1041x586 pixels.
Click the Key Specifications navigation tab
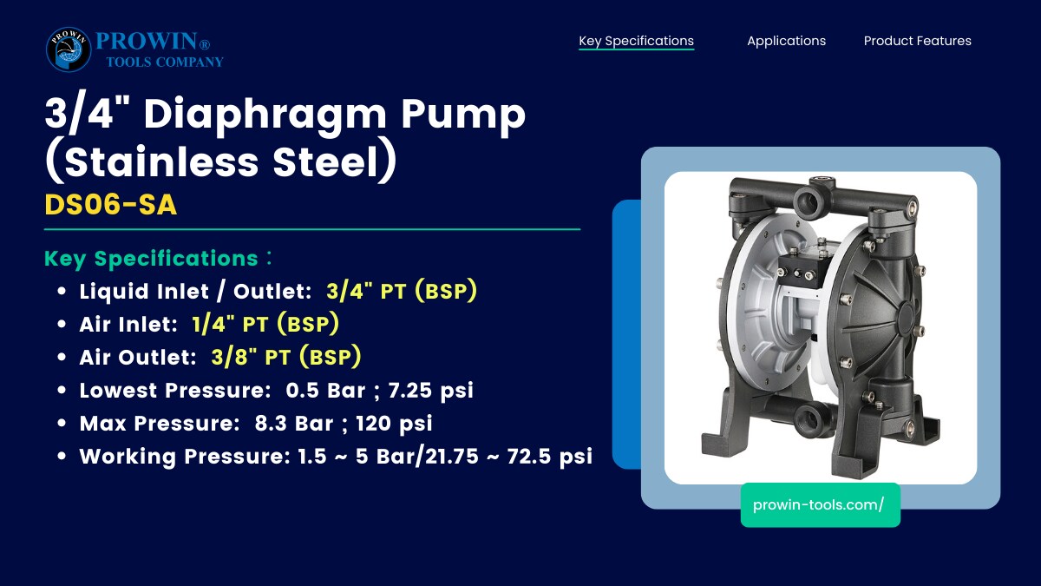pyautogui.click(x=636, y=41)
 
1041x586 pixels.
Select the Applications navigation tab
pyautogui.click(x=786, y=41)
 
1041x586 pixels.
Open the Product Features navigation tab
pyautogui.click(x=918, y=41)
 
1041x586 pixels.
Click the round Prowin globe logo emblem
pyautogui.click(x=69, y=49)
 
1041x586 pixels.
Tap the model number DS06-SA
pyautogui.click(x=111, y=204)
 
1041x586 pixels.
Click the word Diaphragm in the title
pyautogui.click(x=265, y=114)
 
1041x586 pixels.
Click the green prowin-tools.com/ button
pyautogui.click(x=821, y=505)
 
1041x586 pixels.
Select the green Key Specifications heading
pyautogui.click(x=151, y=259)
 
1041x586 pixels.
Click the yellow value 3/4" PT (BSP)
pyautogui.click(x=402, y=291)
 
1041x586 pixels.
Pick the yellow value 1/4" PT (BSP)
pyautogui.click(x=265, y=324)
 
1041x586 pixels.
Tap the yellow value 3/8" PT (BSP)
pyautogui.click(x=285, y=357)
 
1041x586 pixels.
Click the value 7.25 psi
pyautogui.click(x=431, y=390)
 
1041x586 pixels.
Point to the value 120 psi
pyautogui.click(x=394, y=424)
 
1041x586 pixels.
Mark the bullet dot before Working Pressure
pyautogui.click(x=62, y=456)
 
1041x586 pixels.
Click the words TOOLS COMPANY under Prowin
pyautogui.click(x=165, y=62)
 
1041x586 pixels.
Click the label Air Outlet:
pyautogui.click(x=138, y=357)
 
